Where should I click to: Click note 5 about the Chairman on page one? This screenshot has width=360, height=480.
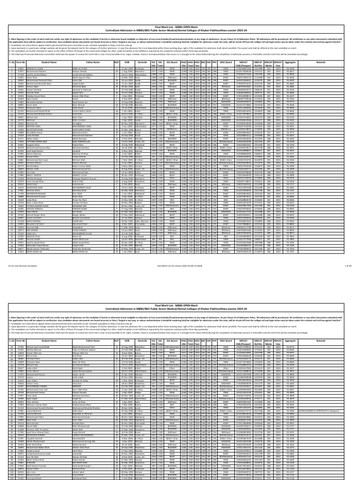(x=141, y=54)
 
